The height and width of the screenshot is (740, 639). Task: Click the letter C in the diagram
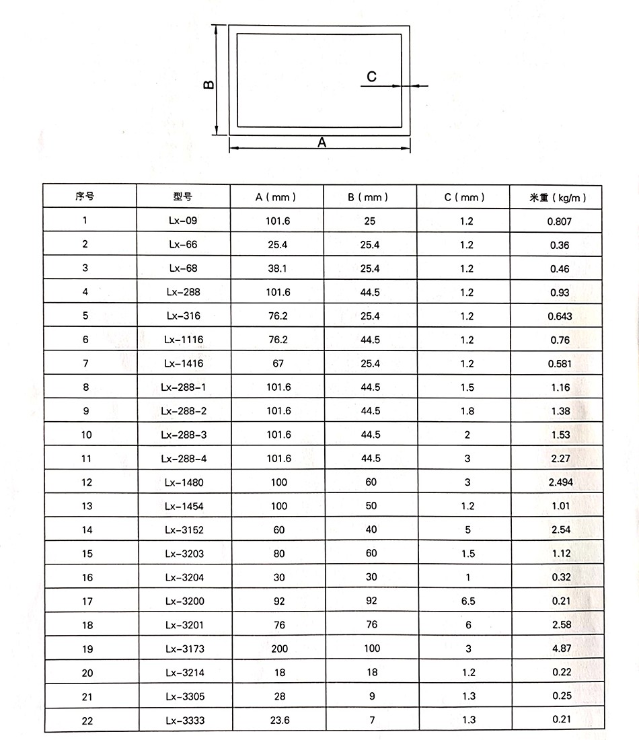click(x=372, y=77)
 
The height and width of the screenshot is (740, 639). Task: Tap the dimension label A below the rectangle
click(x=322, y=143)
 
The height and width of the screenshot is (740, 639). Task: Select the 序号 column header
click(x=85, y=196)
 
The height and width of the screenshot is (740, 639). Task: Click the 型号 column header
click(x=183, y=196)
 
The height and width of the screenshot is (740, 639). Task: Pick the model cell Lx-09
click(x=184, y=221)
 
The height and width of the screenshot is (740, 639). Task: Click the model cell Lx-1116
click(x=184, y=340)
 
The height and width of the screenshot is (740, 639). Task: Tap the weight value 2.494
click(x=560, y=482)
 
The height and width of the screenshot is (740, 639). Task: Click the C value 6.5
click(x=468, y=601)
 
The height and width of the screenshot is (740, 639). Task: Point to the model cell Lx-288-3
click(x=184, y=435)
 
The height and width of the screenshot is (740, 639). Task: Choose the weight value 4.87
click(x=560, y=649)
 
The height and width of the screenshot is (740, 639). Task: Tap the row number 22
click(x=87, y=720)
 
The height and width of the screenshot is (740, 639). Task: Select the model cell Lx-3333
click(x=184, y=720)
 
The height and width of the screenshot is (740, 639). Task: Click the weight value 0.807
click(x=560, y=221)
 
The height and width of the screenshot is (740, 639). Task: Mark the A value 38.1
click(x=278, y=268)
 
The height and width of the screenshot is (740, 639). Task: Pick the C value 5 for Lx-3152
click(x=468, y=529)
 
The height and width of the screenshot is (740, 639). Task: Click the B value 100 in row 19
click(x=371, y=649)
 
